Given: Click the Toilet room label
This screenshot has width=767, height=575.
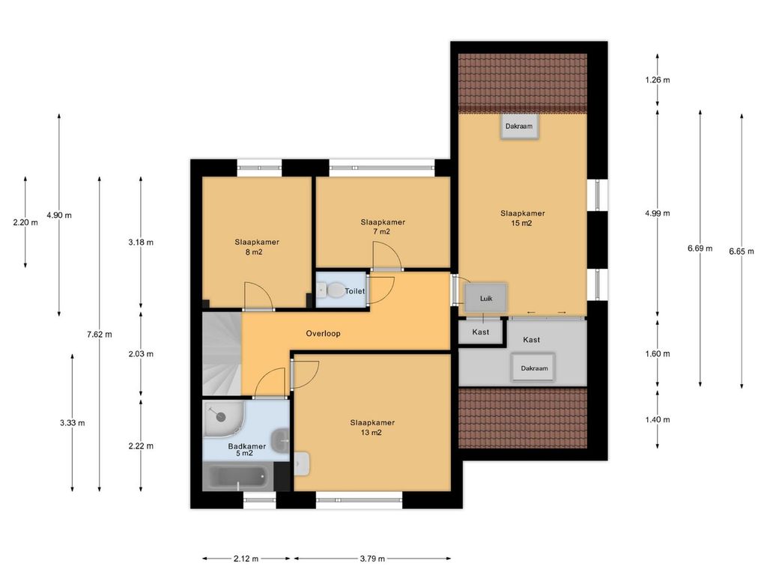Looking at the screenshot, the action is coord(354,291).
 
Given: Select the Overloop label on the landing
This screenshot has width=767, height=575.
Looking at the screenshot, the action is coord(323,333).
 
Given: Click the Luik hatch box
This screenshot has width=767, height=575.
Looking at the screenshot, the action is coord(485,298).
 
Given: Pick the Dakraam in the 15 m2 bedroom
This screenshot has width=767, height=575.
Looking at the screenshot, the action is coord(519,126).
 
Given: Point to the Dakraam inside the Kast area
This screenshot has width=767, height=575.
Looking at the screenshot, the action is coord(533,368).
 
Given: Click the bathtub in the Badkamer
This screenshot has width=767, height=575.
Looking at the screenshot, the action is coord(238,477).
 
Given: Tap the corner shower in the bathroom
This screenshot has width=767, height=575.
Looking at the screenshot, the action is coord(223,419).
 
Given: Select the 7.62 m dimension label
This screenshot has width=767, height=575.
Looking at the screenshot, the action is coord(100,335).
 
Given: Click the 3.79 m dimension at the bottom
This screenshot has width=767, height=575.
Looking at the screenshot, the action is coord(372,559).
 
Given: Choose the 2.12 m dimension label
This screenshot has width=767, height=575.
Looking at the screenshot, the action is coord(246,559).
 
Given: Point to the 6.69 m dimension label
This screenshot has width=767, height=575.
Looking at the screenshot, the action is coord(700,249).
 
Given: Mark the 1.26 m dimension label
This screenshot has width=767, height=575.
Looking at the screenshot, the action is coord(658,79).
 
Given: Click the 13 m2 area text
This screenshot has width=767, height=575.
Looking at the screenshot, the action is coord(372,432).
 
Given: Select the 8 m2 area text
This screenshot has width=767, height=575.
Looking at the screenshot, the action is coord(253,252).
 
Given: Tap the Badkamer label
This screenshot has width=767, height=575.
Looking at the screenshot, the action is coord(247,446).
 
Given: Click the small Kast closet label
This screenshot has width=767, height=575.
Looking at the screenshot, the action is coord(480,332).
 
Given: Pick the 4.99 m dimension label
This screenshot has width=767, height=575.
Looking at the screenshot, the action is coord(658,213).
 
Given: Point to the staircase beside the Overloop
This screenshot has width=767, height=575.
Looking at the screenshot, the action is coord(222,353).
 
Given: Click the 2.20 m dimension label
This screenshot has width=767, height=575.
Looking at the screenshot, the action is coord(25,222).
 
